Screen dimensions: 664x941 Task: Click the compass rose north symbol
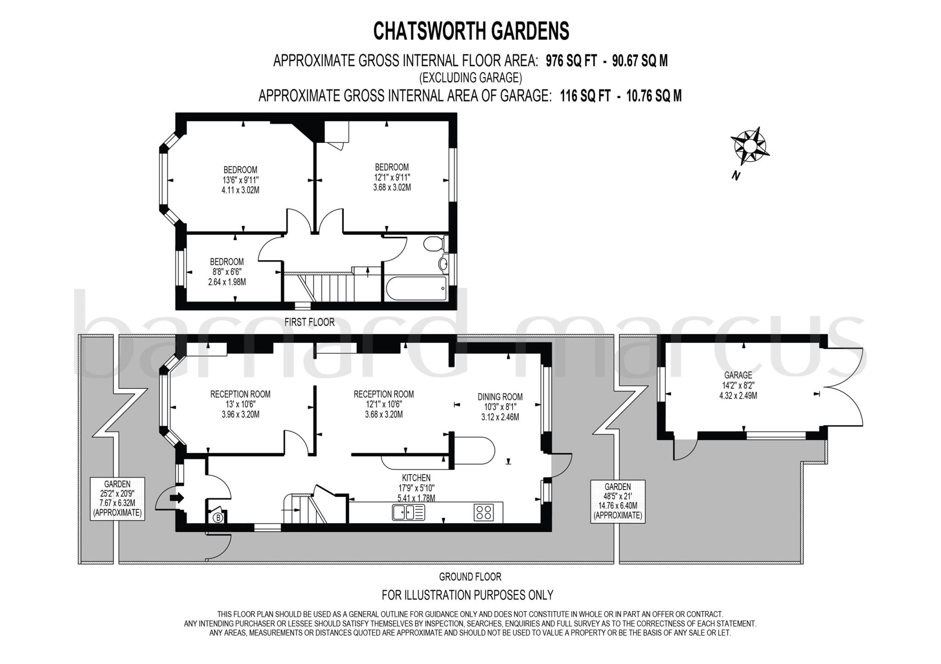tap(749, 146)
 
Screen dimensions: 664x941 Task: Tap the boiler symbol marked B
tap(218, 518)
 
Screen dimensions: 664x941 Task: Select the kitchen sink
tap(408, 512)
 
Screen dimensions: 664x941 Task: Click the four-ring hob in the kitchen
tap(483, 512)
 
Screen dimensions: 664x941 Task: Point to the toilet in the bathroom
tap(433, 243)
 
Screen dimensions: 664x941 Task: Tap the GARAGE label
tap(738, 375)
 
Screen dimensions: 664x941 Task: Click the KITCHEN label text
tap(416, 478)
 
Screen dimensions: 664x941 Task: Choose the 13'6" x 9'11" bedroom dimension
tap(240, 180)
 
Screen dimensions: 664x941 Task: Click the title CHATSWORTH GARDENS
tap(471, 31)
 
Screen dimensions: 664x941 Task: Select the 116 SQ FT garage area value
tap(585, 96)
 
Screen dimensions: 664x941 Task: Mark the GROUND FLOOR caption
tap(470, 576)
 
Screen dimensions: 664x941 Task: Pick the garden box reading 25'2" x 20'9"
tap(117, 498)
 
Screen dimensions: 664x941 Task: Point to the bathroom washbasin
tap(443, 264)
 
